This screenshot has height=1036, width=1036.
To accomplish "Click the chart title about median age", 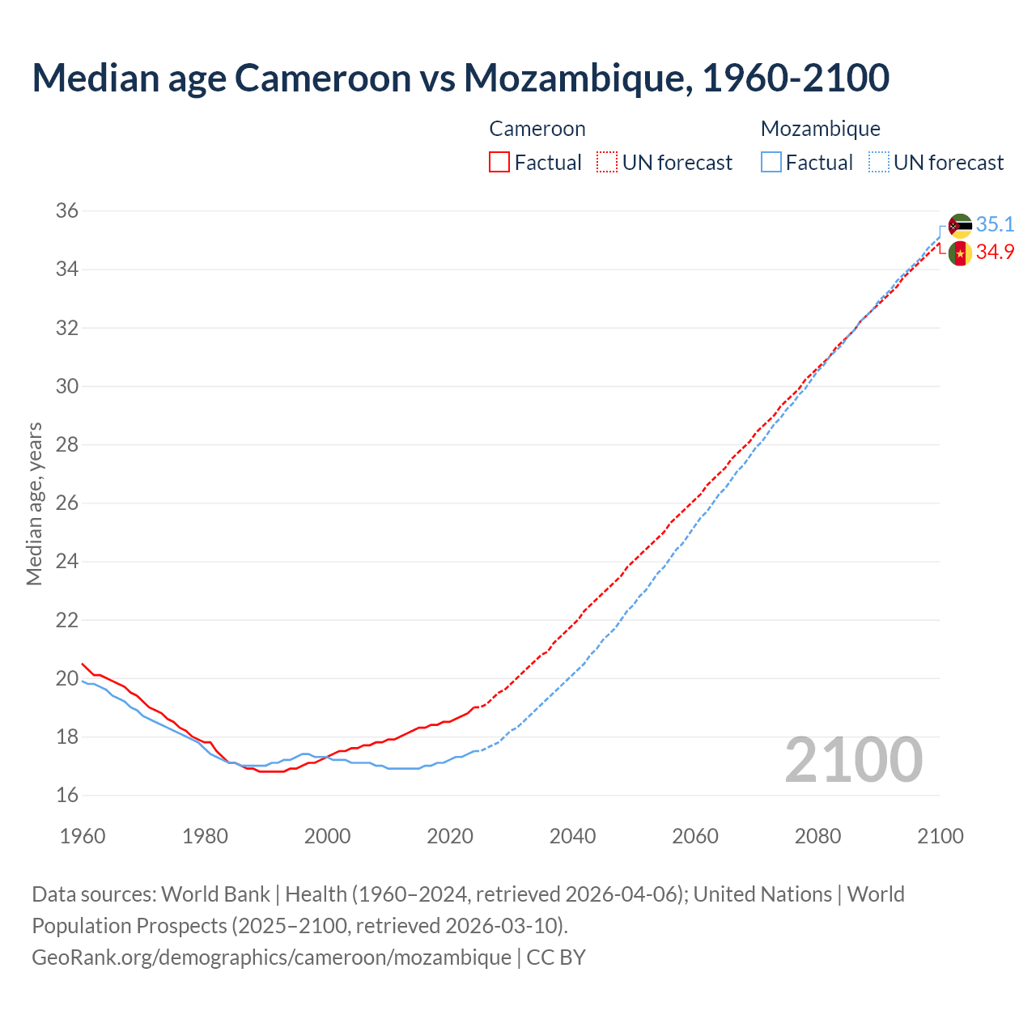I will tap(461, 78).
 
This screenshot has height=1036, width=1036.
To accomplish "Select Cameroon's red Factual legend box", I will tap(499, 163).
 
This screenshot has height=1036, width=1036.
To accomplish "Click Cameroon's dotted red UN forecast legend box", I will tap(607, 163).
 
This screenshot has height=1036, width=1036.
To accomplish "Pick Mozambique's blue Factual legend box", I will tap(771, 163).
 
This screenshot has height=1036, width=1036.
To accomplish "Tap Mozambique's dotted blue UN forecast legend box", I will tap(879, 163).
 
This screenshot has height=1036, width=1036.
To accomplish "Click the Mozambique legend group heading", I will tap(820, 129).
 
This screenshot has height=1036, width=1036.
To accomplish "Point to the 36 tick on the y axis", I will tap(67, 211).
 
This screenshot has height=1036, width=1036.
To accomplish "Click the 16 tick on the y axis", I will tap(67, 796).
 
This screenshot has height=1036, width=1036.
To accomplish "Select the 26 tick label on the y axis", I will tap(67, 503).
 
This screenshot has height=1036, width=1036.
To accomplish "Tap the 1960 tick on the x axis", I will tap(83, 836).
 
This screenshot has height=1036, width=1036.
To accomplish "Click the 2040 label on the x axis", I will tap(572, 836).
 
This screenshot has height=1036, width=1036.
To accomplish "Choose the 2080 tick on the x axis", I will tap(817, 836).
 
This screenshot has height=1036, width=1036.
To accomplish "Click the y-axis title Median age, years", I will tap(34, 503).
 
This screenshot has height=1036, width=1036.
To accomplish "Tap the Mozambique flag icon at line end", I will tap(960, 226).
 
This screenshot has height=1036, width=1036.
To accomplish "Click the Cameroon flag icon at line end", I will tap(960, 253).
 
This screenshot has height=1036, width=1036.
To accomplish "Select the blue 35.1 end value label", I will tap(995, 224).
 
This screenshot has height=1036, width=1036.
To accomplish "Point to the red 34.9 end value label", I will tap(995, 253).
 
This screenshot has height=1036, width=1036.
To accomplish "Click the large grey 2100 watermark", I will tap(853, 760).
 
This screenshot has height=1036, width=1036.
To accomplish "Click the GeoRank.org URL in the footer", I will tap(271, 957).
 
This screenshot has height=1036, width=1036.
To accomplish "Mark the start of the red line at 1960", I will tap(83, 664).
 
